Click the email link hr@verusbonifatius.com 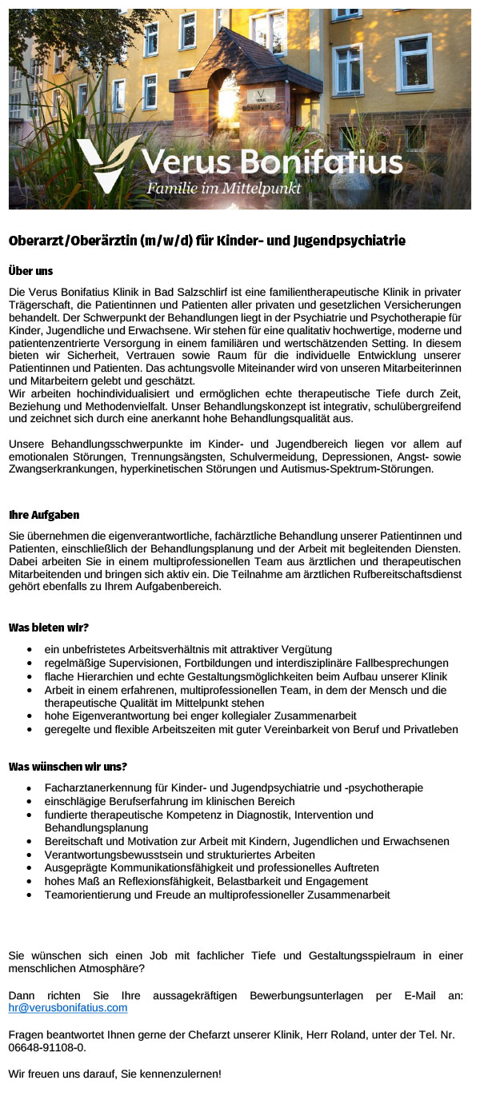tap(68, 1008)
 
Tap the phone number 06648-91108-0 tap(45, 1047)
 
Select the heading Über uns tap(30, 271)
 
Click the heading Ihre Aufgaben tap(44, 515)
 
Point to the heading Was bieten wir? tap(49, 628)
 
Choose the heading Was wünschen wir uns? tap(68, 767)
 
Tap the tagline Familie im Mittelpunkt tap(223, 189)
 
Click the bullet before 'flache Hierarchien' tap(30, 676)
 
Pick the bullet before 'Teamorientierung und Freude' tap(30, 895)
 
